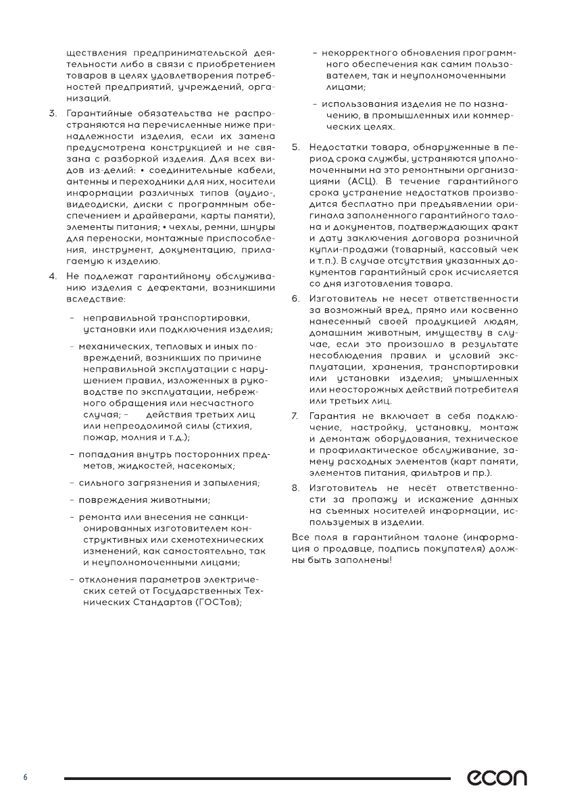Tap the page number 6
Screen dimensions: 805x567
tap(26, 778)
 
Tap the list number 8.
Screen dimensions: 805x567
tap(295, 487)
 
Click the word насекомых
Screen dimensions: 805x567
tap(209, 466)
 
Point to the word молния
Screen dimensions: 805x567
tap(138, 438)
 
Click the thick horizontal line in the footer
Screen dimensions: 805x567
tap(257, 779)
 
